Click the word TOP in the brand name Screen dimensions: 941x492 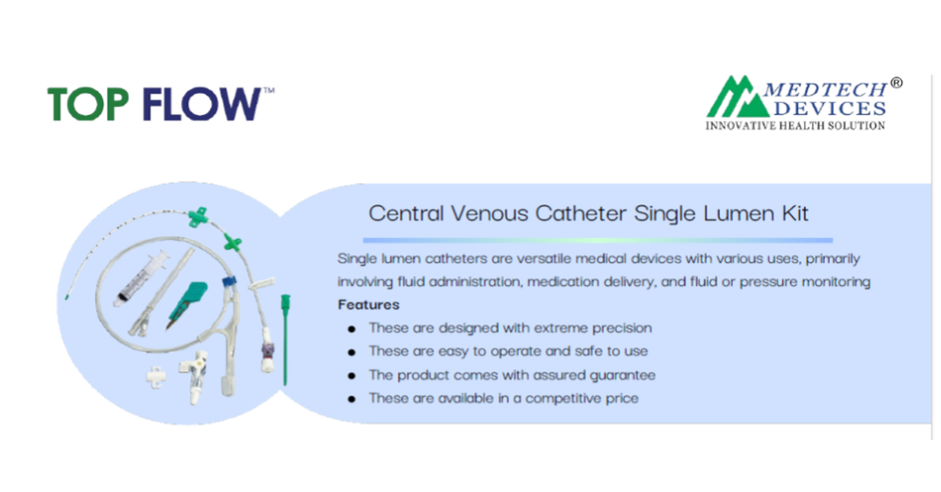pos(87,105)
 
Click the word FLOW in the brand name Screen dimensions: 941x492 pos(201,105)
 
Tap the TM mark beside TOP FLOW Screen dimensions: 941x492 pos(269,90)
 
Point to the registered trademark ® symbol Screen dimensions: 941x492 pos(896,83)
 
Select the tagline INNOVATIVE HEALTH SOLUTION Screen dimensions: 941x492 pos(795,125)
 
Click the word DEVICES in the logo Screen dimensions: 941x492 pos(830,108)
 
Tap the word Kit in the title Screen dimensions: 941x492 pos(796,213)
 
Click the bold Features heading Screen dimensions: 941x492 pos(368,304)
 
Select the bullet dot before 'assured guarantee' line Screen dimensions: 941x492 pos(352,376)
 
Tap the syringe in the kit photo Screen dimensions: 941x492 pos(142,278)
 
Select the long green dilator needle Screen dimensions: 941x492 pos(285,340)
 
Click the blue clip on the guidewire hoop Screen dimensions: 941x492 pos(229,281)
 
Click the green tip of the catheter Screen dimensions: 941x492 pos(67,296)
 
